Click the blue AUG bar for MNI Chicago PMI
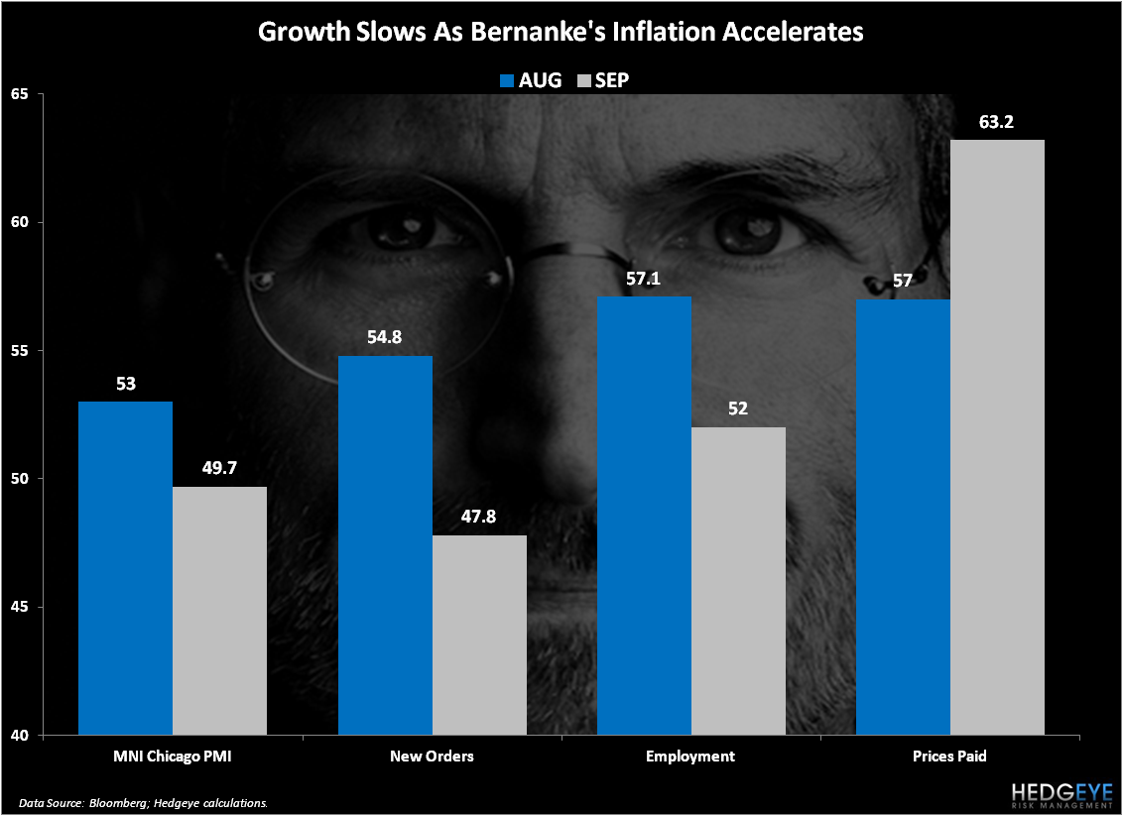125,568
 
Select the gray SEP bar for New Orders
479,635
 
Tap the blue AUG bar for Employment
644,516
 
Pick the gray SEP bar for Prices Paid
997,437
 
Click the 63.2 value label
997,125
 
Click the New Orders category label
432,757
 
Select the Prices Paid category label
950,757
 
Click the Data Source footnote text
143,801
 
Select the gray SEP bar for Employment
738,581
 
